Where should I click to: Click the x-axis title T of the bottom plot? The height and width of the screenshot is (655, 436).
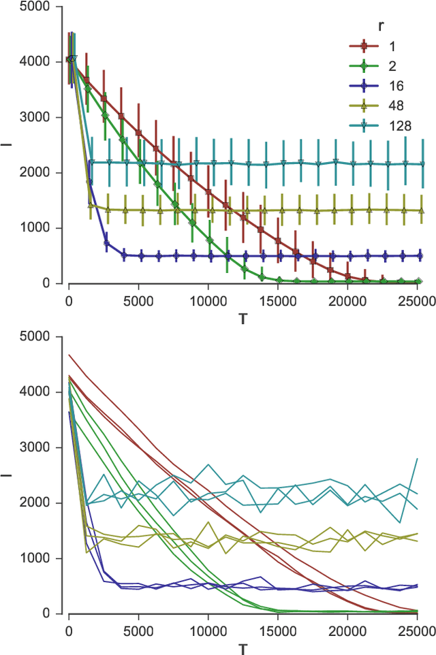click(243, 648)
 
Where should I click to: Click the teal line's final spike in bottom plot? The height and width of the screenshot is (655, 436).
click(416, 460)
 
